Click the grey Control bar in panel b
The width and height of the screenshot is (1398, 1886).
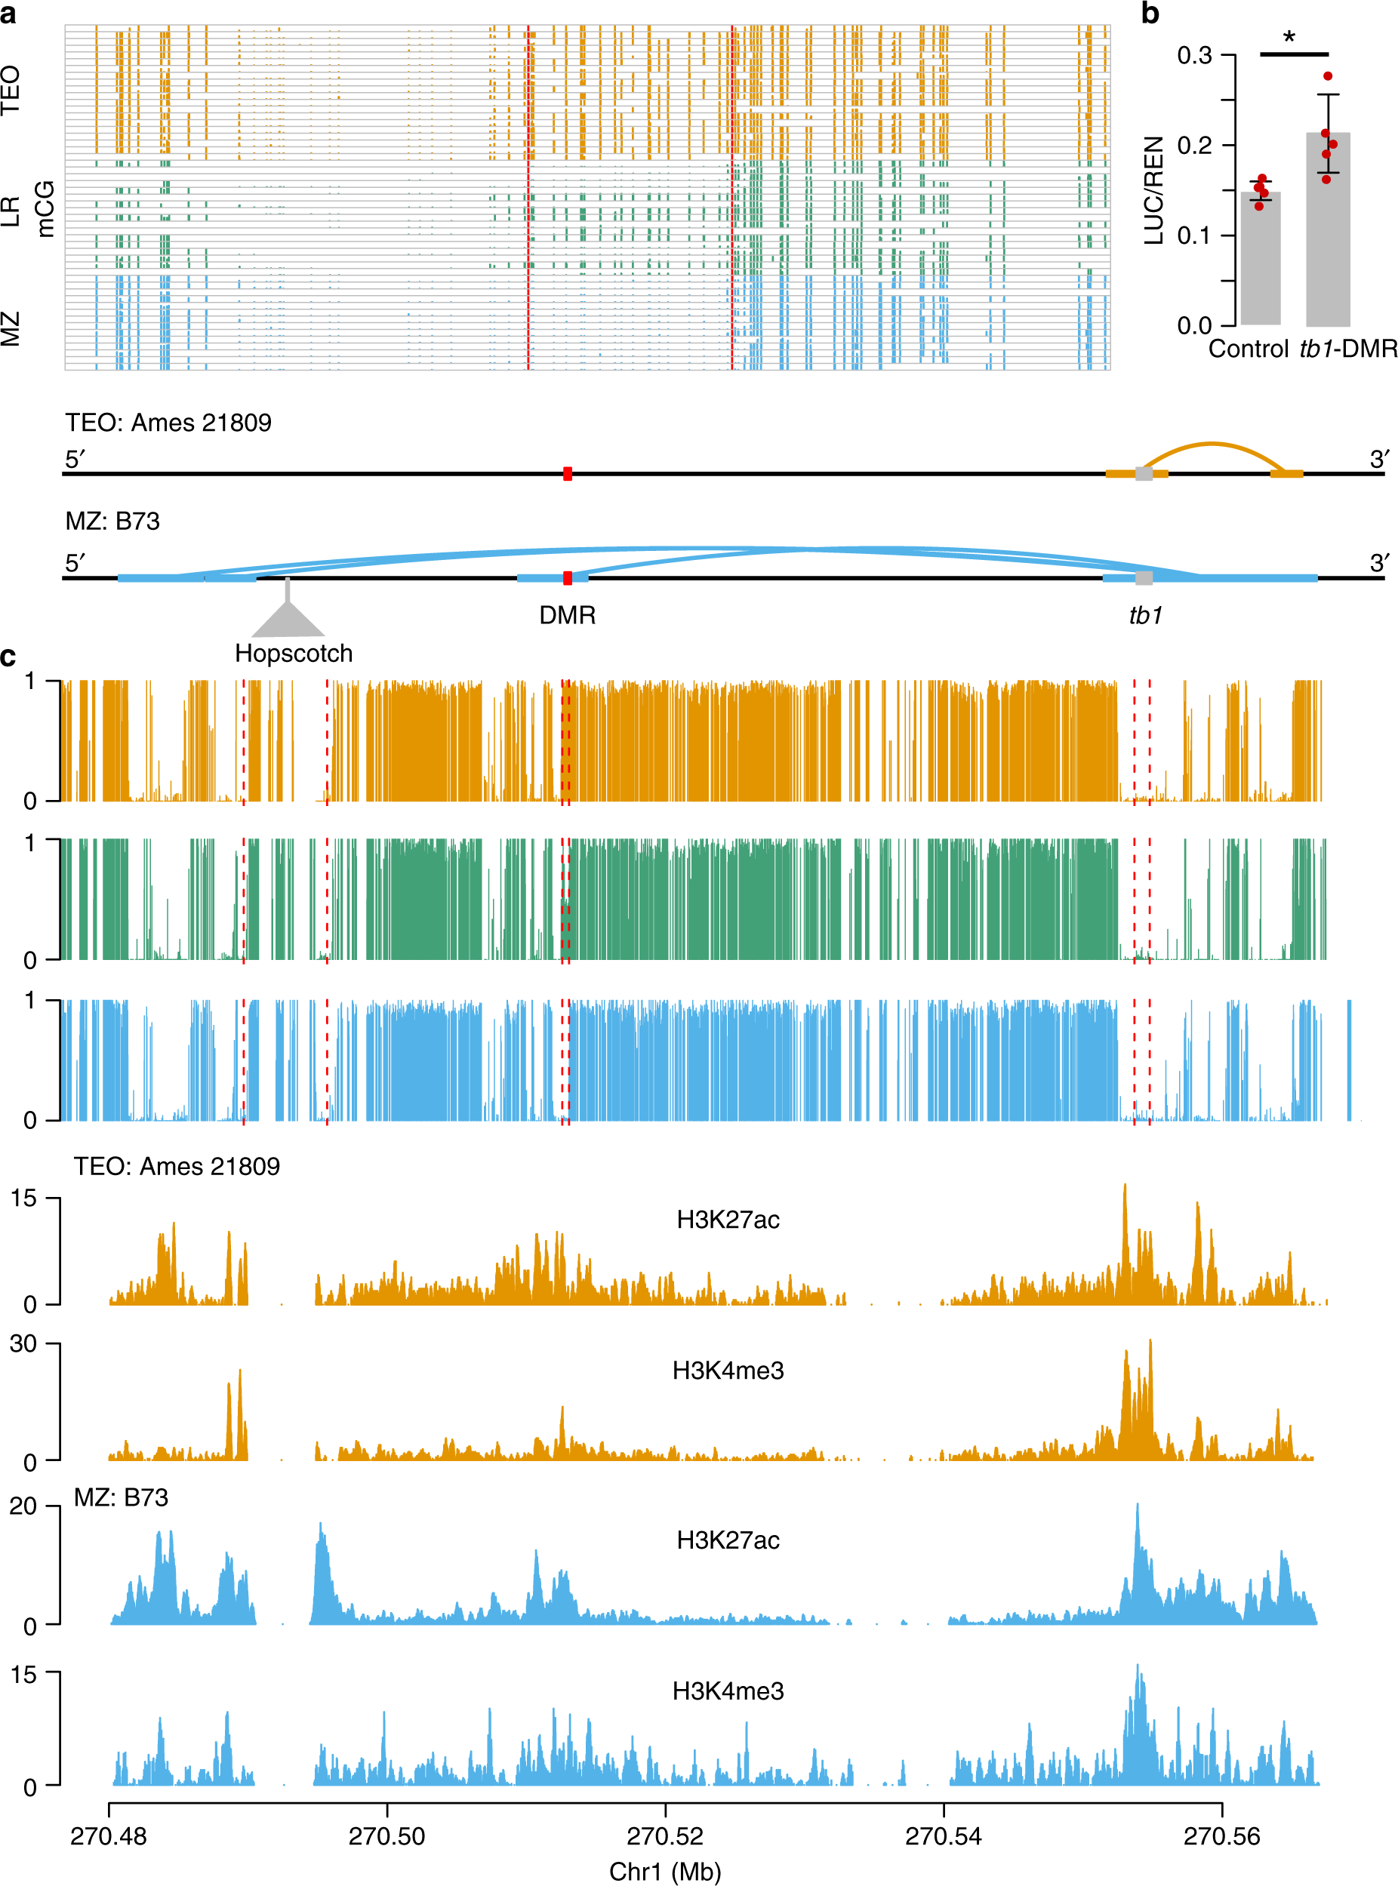tap(1260, 259)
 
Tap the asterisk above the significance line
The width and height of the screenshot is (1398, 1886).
tap(1289, 37)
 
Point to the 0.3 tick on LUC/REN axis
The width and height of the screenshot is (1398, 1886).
tap(1194, 56)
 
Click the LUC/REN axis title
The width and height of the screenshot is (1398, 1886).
tap(1154, 190)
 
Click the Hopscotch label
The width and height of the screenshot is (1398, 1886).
tap(294, 654)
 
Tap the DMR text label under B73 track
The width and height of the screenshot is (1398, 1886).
tap(567, 615)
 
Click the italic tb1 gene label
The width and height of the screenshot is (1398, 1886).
tap(1145, 615)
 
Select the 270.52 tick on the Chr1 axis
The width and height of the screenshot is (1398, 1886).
tap(665, 1836)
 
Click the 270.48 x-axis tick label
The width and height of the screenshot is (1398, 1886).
tap(108, 1836)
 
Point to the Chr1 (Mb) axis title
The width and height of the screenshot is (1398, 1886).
tap(665, 1871)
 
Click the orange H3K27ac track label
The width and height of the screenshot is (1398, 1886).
tap(728, 1220)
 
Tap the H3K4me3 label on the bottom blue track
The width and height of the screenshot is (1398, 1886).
tap(728, 1691)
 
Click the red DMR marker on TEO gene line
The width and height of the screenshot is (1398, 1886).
tap(567, 474)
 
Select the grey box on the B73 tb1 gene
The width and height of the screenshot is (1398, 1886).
tap(1144, 578)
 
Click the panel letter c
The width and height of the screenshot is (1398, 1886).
tap(8, 657)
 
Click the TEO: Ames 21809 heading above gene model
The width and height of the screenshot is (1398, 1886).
tap(168, 422)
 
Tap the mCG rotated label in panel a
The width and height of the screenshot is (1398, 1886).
tap(45, 209)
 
